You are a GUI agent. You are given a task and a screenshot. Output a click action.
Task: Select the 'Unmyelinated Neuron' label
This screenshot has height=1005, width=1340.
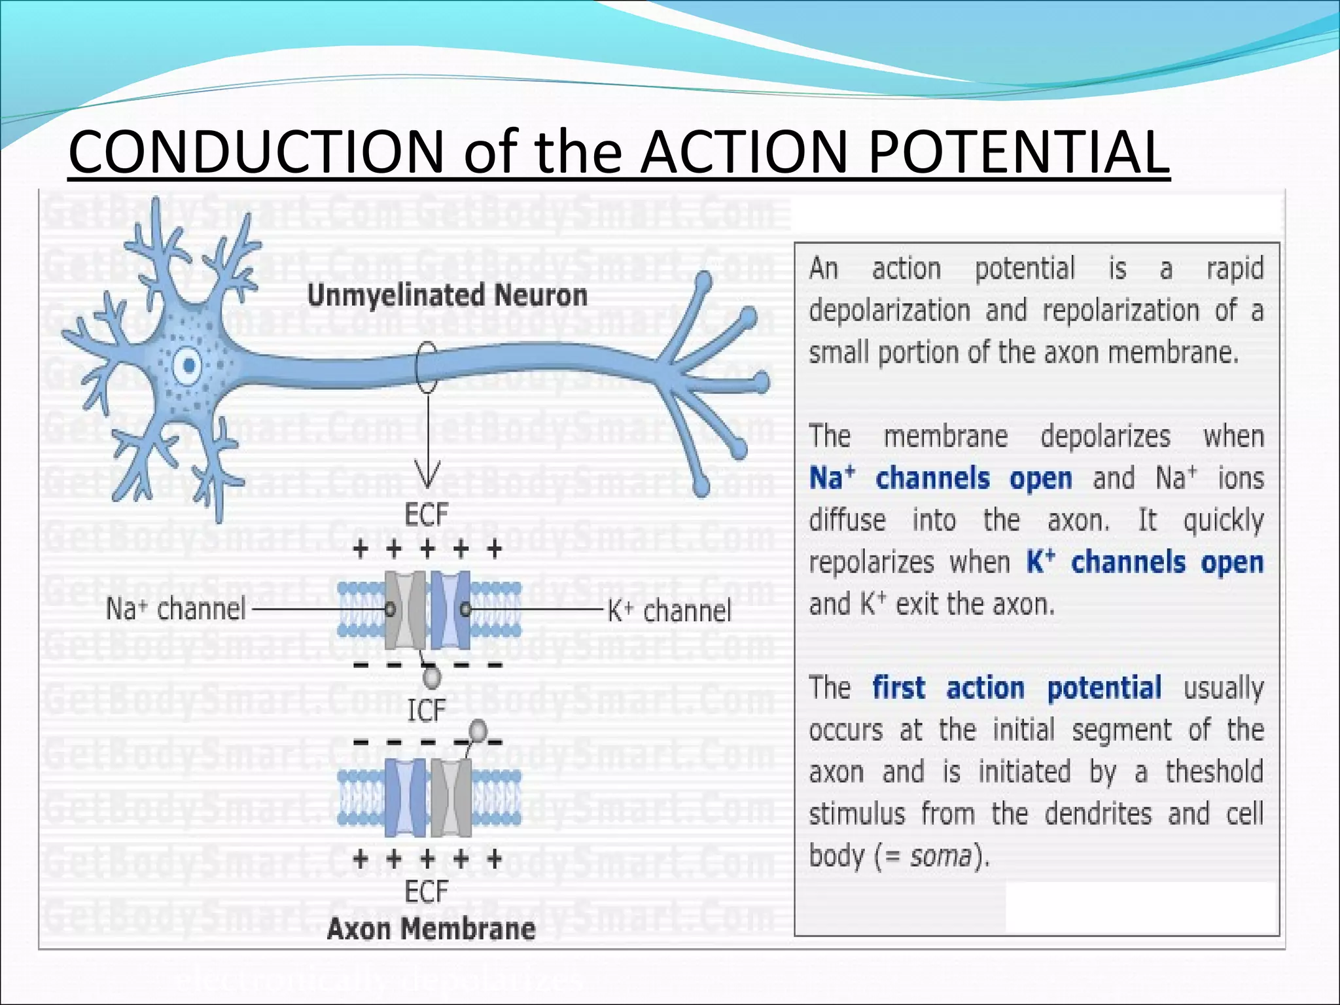(x=447, y=295)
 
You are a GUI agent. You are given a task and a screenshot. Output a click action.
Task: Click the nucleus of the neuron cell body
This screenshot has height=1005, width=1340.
(x=190, y=365)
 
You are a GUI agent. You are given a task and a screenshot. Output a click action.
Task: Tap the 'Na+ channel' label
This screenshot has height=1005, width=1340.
(x=175, y=609)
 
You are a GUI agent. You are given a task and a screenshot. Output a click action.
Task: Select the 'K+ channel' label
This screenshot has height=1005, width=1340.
(x=669, y=611)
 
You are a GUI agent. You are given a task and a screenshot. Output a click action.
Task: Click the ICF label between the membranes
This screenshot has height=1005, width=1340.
(x=427, y=710)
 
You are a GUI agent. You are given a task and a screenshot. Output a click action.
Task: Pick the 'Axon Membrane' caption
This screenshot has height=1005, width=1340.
(x=431, y=928)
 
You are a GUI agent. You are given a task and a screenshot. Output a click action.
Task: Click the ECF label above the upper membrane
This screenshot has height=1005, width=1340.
(x=427, y=515)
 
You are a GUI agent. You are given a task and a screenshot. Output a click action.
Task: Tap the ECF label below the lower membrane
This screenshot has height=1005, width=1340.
(x=427, y=891)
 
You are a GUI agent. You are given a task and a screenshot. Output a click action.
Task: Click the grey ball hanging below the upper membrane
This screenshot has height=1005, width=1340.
(x=432, y=677)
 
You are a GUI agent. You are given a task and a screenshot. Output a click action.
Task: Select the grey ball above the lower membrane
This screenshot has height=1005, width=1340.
(x=479, y=730)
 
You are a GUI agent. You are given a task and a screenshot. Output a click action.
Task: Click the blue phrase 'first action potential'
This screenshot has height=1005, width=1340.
(x=1017, y=688)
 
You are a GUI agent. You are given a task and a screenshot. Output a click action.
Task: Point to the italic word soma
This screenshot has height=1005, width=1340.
(x=940, y=855)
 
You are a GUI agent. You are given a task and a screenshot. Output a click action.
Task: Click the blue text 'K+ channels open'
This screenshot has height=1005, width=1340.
(x=1144, y=562)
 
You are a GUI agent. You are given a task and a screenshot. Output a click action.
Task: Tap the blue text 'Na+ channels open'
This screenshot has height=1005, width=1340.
(x=940, y=478)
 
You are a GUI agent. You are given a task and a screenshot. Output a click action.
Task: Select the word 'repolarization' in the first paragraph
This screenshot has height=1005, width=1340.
(x=1120, y=310)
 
